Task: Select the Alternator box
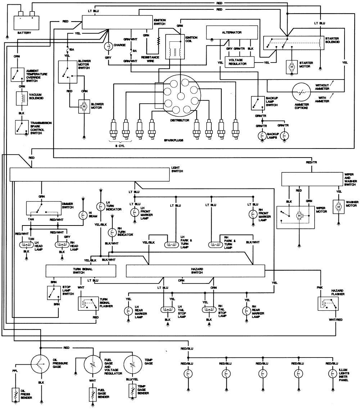pyautogui.click(x=231, y=32)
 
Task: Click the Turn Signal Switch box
pyautogui.click(x=81, y=271)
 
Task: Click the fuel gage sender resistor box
pyautogui.click(x=93, y=395)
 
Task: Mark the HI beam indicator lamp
pyautogui.click(x=83, y=215)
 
